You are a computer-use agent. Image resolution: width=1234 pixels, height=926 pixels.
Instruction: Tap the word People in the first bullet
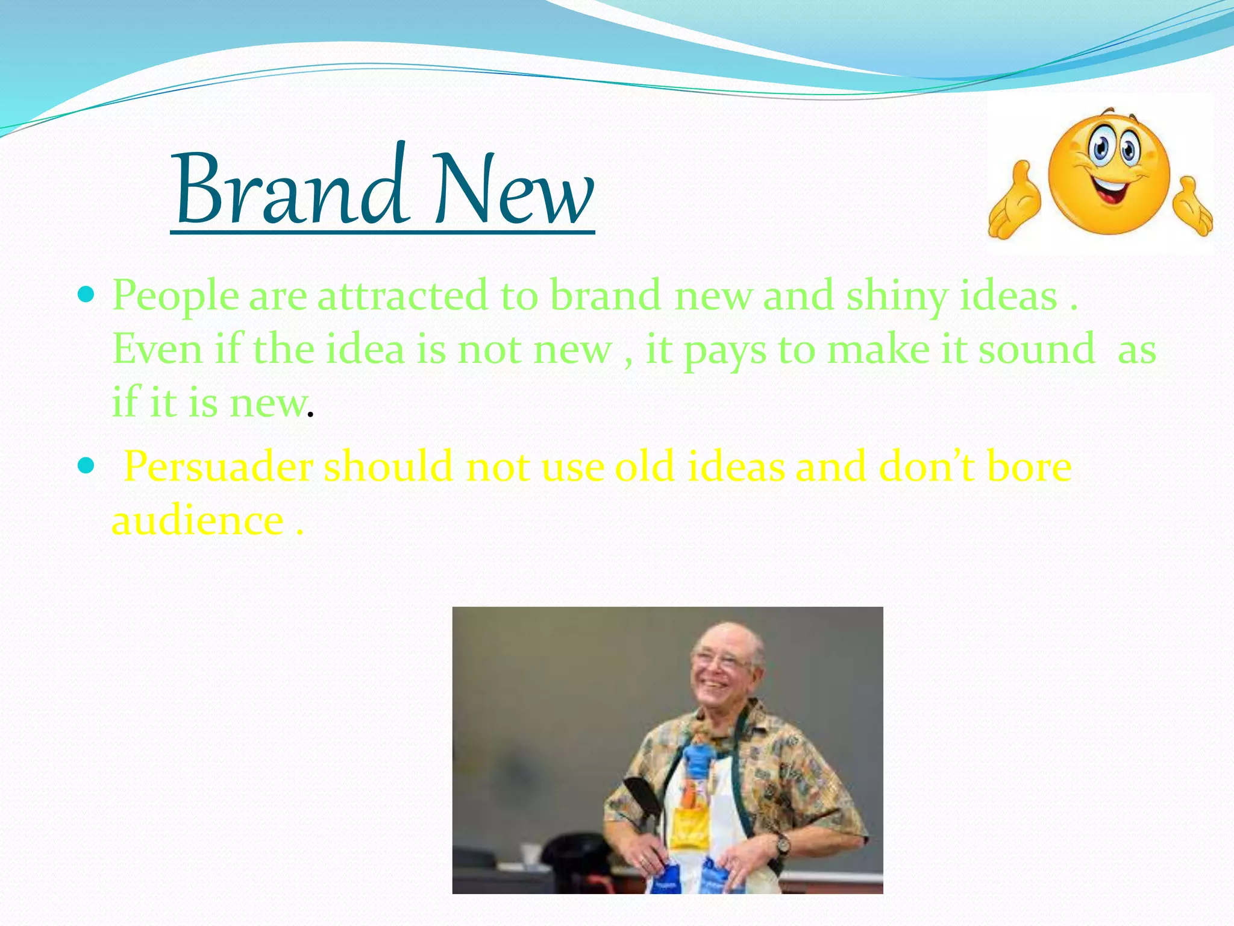175,297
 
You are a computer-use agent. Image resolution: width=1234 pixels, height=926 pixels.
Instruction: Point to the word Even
157,350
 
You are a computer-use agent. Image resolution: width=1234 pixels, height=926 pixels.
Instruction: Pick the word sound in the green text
1036,350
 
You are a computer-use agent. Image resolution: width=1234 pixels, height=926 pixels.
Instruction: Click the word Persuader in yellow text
218,467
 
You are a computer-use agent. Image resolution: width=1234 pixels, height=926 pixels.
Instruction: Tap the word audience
198,520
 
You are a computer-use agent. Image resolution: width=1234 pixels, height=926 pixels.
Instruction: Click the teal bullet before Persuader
87,466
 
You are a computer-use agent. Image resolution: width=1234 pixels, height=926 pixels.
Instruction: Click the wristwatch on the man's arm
782,844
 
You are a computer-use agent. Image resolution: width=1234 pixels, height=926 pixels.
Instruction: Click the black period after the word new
310,415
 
